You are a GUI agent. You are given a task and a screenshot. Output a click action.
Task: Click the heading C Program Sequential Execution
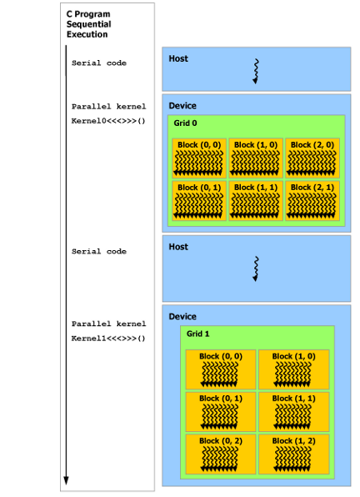(x=89, y=24)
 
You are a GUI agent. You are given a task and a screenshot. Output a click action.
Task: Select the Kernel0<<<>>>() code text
(x=108, y=121)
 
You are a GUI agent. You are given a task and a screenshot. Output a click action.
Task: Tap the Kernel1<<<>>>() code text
(x=108, y=339)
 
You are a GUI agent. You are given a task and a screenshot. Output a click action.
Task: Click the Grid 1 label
(x=198, y=334)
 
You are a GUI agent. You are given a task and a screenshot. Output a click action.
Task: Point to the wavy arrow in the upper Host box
(x=256, y=72)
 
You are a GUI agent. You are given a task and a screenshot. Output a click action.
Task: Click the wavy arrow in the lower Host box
(x=256, y=269)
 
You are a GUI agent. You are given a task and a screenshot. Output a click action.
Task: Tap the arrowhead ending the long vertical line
(x=67, y=480)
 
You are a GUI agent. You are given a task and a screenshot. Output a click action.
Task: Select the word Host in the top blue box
(x=178, y=58)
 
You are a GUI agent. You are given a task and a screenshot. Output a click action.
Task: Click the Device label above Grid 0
(x=182, y=106)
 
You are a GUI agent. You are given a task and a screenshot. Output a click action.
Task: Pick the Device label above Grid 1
(x=182, y=317)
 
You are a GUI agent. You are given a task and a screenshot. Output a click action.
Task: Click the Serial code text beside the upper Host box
(x=99, y=63)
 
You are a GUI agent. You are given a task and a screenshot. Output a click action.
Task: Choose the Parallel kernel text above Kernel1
(x=108, y=324)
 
